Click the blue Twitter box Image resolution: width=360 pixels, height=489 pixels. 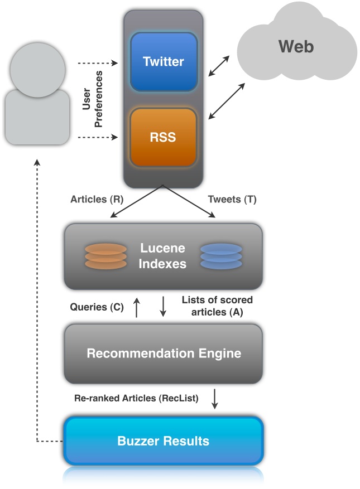pos(164,61)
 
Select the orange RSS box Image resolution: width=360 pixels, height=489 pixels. pos(164,137)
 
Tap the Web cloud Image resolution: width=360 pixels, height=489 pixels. pos(296,46)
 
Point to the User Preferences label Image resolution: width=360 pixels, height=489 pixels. pos(92,99)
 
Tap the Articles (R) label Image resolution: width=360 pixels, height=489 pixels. pos(93,199)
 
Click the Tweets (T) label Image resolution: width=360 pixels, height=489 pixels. pos(232,199)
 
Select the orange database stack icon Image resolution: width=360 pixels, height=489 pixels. pos(106,256)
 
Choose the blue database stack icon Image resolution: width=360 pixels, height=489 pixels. pos(221,256)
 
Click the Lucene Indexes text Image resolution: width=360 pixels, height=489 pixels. pos(162,256)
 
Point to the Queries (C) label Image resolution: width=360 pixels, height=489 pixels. pos(97,307)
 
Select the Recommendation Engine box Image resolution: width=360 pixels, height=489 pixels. pos(163,354)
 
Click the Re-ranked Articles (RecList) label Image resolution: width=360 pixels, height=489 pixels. pos(136,399)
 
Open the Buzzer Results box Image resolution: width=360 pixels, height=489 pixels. pos(163,441)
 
